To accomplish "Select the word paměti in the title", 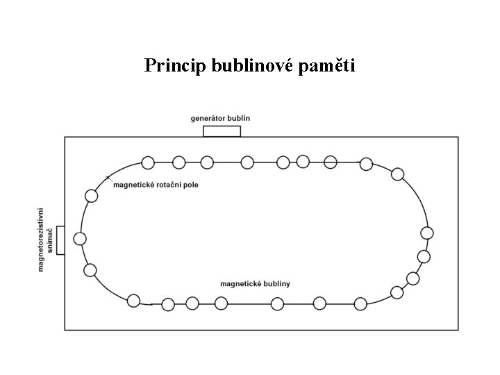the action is [x=329, y=66].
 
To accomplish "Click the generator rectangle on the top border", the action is [x=222, y=131].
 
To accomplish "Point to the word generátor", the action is [x=210, y=118].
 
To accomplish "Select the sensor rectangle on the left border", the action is [x=60, y=240].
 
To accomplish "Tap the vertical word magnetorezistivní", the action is [x=41, y=238].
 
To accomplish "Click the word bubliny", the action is [x=274, y=283].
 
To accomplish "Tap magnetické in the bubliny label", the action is [x=238, y=283].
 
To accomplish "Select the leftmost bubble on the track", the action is [x=80, y=239].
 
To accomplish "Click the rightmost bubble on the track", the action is [x=427, y=233].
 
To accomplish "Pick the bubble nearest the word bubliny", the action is [x=277, y=303].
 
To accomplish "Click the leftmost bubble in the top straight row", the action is [x=148, y=162].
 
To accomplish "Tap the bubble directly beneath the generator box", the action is [x=207, y=162].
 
